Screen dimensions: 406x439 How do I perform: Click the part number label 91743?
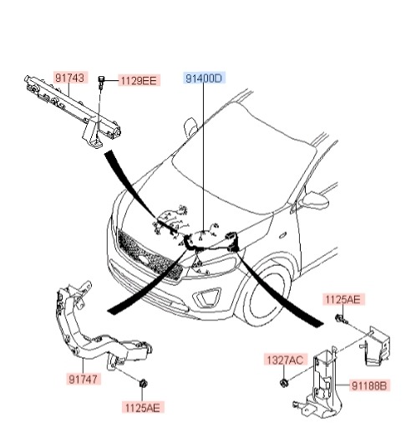pos(71,78)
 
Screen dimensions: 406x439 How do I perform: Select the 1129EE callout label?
pos(139,81)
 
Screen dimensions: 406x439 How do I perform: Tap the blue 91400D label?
pos(204,79)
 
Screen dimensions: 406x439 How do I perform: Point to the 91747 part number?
pos(84,380)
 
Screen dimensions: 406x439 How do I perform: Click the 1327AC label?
pos(285,360)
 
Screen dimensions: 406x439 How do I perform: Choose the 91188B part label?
pos(369,386)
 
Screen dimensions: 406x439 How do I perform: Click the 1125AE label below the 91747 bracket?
pos(143,408)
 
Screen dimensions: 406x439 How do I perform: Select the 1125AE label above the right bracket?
pos(343,299)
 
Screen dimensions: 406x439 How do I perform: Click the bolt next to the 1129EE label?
pos(101,82)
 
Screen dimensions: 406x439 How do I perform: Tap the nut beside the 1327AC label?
pos(284,382)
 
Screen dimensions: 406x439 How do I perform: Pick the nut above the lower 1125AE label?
pos(144,383)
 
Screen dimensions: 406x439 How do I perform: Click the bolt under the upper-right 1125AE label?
pos(341,319)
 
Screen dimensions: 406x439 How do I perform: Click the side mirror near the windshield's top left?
pos(190,127)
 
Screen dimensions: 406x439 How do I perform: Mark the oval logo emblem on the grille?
pos(145,259)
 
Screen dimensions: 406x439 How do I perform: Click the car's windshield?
pos(244,157)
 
